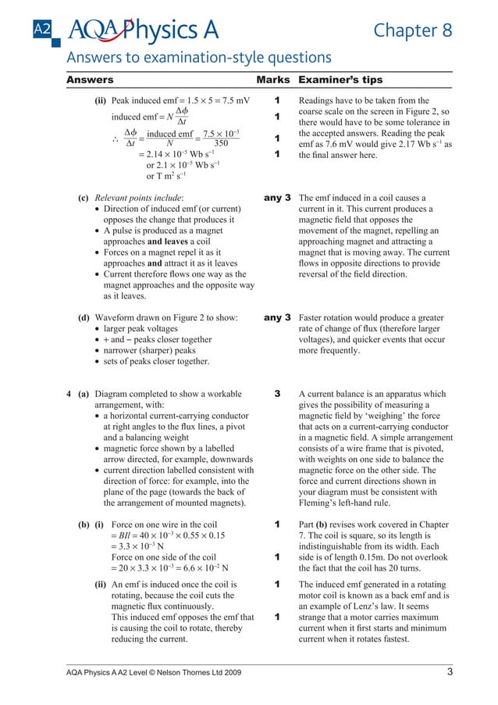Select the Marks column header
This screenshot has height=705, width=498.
tap(272, 80)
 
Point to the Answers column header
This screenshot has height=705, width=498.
tap(90, 80)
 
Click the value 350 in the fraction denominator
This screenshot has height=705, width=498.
tap(220, 144)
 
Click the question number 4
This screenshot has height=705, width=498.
tap(69, 394)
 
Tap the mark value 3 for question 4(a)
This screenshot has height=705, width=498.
tap(277, 394)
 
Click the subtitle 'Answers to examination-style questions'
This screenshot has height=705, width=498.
tap(199, 58)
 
